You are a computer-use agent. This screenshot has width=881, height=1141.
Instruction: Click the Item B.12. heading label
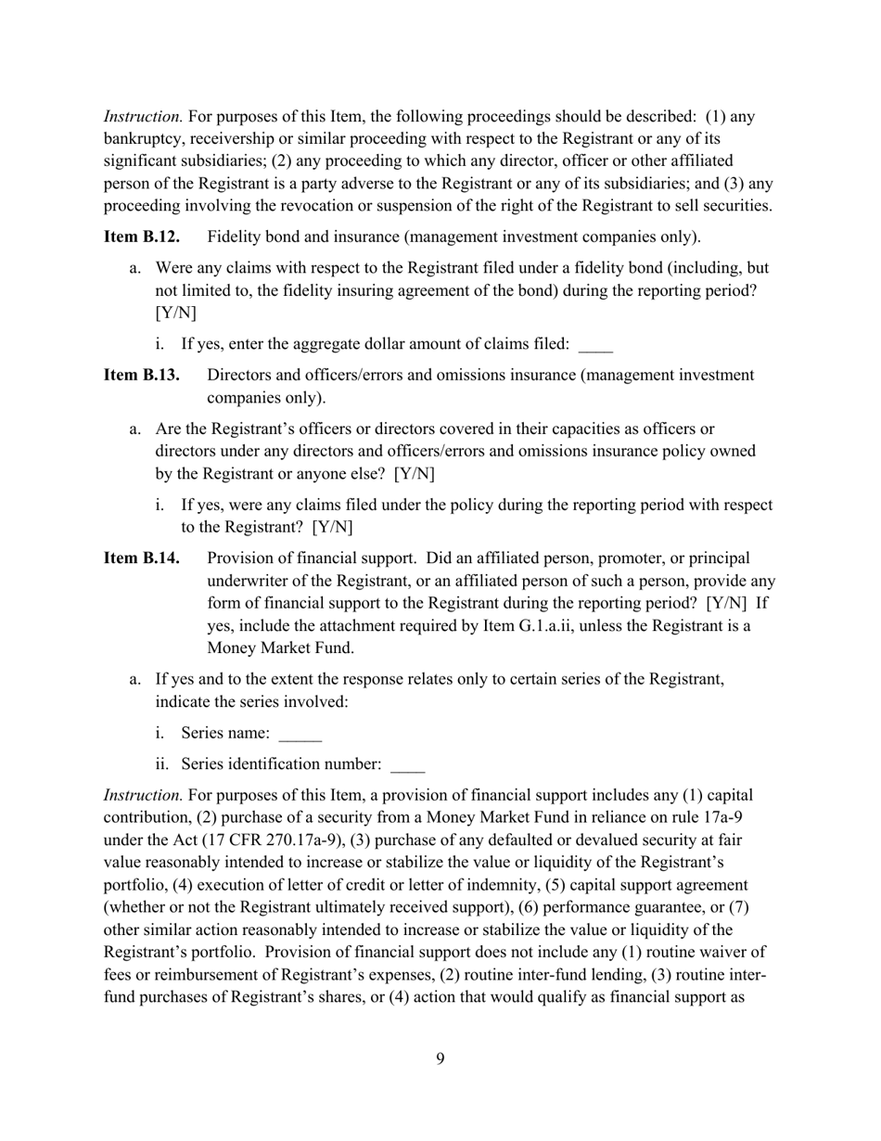(x=142, y=237)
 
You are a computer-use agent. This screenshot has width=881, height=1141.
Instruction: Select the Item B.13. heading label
(x=142, y=375)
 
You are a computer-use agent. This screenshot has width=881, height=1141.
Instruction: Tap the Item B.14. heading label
(x=142, y=558)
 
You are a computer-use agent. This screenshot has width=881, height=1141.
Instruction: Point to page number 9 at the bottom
(x=440, y=1059)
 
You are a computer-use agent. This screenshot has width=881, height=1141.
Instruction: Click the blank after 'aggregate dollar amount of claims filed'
(x=595, y=346)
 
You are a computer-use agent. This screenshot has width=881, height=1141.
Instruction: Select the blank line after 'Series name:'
(x=300, y=735)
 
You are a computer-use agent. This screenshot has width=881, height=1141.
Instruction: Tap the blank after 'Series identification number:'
(x=408, y=766)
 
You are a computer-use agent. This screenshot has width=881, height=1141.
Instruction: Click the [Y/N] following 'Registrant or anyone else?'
(x=415, y=474)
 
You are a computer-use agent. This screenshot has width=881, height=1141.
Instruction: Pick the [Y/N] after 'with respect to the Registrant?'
(x=333, y=528)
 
